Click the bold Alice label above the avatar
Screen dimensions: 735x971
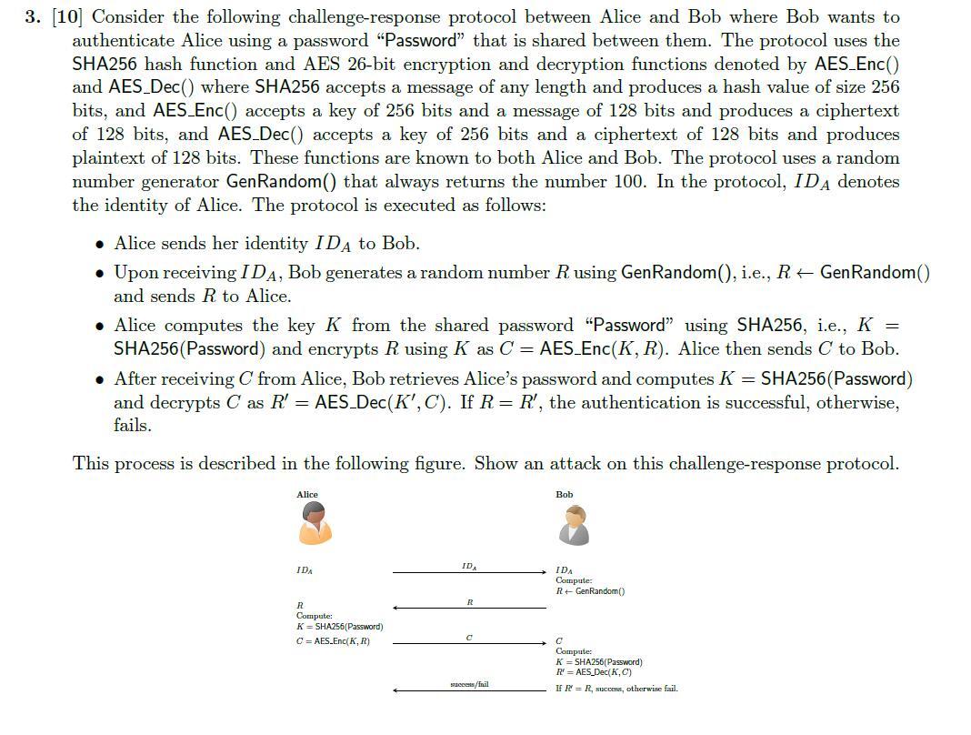tap(307, 495)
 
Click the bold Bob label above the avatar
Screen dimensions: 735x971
tap(564, 495)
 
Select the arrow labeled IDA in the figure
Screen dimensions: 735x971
tap(469, 572)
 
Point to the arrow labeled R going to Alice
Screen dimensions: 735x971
tap(469, 608)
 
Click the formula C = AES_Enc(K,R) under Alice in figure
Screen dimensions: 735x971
tap(333, 641)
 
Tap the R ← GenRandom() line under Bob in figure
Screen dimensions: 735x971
tap(590, 591)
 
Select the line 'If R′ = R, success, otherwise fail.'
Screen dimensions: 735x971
tap(616, 689)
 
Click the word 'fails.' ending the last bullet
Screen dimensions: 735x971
tap(132, 426)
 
